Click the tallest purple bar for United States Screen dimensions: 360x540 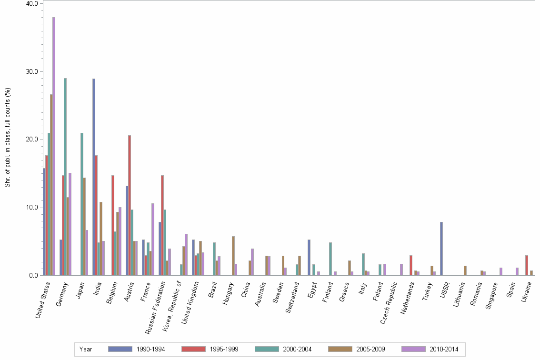(x=54, y=146)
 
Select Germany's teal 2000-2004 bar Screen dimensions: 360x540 (x=65, y=177)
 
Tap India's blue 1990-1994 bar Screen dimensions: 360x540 (x=94, y=177)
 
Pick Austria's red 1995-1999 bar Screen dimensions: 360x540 (x=130, y=205)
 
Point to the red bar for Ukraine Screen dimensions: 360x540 (x=527, y=265)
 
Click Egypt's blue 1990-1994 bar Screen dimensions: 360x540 (x=309, y=257)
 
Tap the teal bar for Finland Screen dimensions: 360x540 (x=330, y=259)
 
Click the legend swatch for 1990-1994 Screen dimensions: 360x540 (x=120, y=349)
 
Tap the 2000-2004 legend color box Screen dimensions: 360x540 (x=267, y=349)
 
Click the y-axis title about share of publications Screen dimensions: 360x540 (x=8, y=138)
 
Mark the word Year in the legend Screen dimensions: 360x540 (x=86, y=349)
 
